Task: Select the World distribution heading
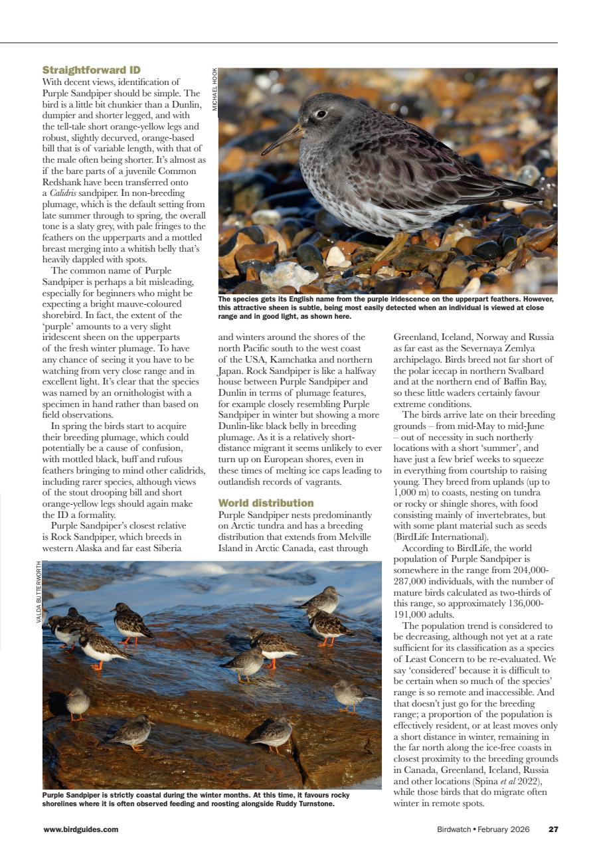(266, 503)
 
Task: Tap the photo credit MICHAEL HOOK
(215, 89)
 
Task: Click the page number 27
(553, 829)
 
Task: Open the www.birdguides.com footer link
(80, 829)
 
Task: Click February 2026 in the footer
(509, 829)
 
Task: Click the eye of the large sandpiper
(321, 114)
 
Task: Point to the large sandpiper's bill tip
(263, 153)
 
